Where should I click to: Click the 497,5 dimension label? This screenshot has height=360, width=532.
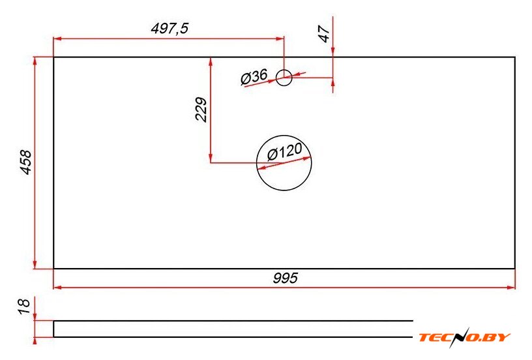(x=170, y=28)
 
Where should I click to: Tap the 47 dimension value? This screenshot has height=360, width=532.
(x=325, y=34)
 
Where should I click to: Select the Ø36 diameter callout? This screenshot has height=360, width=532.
(x=254, y=77)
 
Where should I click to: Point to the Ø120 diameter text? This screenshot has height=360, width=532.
(x=284, y=151)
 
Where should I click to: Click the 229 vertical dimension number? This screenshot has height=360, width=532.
(x=201, y=110)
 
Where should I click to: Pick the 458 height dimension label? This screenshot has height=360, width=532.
(x=26, y=162)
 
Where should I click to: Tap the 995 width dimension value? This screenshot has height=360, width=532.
(x=286, y=278)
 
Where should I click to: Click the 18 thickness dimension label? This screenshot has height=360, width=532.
(x=25, y=307)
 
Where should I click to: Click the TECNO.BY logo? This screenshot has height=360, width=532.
(x=464, y=337)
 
